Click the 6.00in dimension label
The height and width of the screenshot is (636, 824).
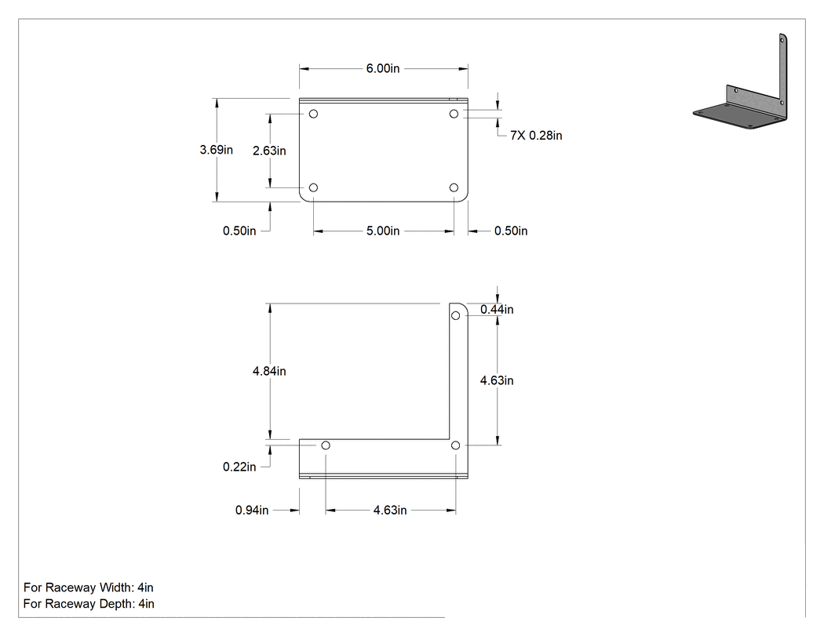pos(383,68)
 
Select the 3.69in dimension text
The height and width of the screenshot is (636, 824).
pos(216,150)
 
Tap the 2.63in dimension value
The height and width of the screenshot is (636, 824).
pos(269,151)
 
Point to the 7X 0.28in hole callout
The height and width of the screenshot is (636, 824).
pos(536,136)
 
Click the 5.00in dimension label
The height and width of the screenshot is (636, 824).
pos(383,231)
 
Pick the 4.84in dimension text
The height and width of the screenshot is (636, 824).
pos(269,371)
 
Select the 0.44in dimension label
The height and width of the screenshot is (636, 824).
pos(497,309)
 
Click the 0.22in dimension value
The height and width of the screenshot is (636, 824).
pos(239,467)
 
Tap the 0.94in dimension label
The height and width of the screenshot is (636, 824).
pos(252,510)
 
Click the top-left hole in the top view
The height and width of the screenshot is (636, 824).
pos(313,114)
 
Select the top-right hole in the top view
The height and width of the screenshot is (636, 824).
pos(454,114)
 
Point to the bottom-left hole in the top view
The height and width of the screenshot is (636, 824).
pos(313,187)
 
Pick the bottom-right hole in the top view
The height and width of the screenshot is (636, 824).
pos(454,187)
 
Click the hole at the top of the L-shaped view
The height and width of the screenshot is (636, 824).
pos(456,315)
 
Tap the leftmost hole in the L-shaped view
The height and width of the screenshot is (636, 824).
pos(326,445)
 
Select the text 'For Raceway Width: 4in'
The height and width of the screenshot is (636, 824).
pos(88,587)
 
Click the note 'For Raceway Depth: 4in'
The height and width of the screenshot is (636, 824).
pos(89,603)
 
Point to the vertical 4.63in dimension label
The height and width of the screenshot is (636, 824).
pos(497,380)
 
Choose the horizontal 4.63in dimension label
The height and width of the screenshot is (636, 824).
pos(390,510)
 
